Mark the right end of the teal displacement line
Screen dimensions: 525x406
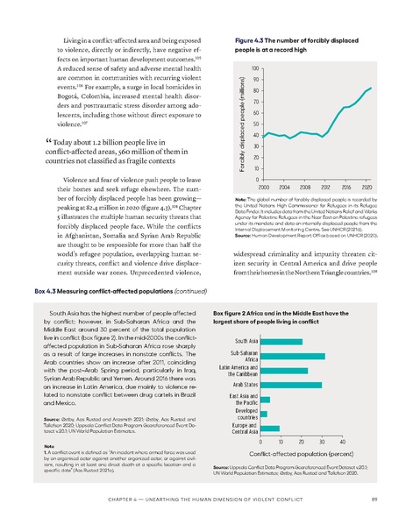tap(371, 88)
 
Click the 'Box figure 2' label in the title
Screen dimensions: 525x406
tap(234, 310)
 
